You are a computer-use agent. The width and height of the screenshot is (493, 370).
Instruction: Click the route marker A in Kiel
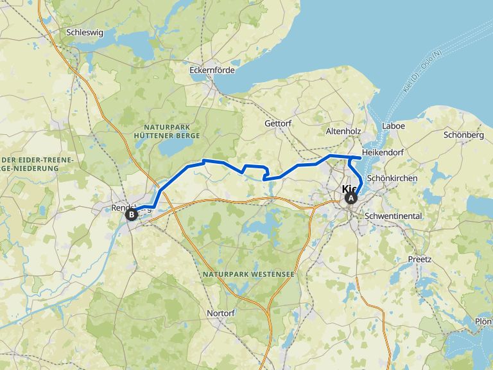[351, 198]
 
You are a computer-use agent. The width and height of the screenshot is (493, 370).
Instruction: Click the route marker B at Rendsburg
[131, 215]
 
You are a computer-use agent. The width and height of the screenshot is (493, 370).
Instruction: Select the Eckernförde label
[212, 70]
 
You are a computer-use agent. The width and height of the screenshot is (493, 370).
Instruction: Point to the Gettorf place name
[279, 123]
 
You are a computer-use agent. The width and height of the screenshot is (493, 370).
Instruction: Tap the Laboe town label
[394, 126]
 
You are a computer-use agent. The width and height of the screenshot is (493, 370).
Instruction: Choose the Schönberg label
[463, 135]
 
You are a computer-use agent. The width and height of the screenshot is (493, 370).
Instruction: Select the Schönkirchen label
[392, 178]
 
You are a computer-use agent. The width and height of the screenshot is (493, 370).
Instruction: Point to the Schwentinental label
[393, 216]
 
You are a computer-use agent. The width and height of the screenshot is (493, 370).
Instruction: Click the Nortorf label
[220, 313]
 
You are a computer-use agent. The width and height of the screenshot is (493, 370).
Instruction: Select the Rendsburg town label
[122, 207]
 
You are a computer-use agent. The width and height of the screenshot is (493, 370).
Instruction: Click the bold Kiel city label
[349, 189]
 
